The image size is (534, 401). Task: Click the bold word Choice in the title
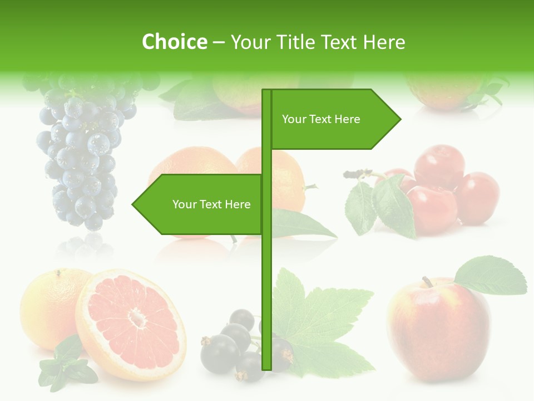point(174,42)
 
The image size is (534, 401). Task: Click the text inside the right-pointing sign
point(321,119)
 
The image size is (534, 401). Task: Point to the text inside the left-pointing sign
point(211,204)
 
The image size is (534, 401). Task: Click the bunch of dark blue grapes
point(83,156)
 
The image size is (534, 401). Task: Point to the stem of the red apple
point(427,282)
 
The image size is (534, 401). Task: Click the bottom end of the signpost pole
point(267,368)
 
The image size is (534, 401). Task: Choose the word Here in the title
point(384,42)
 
